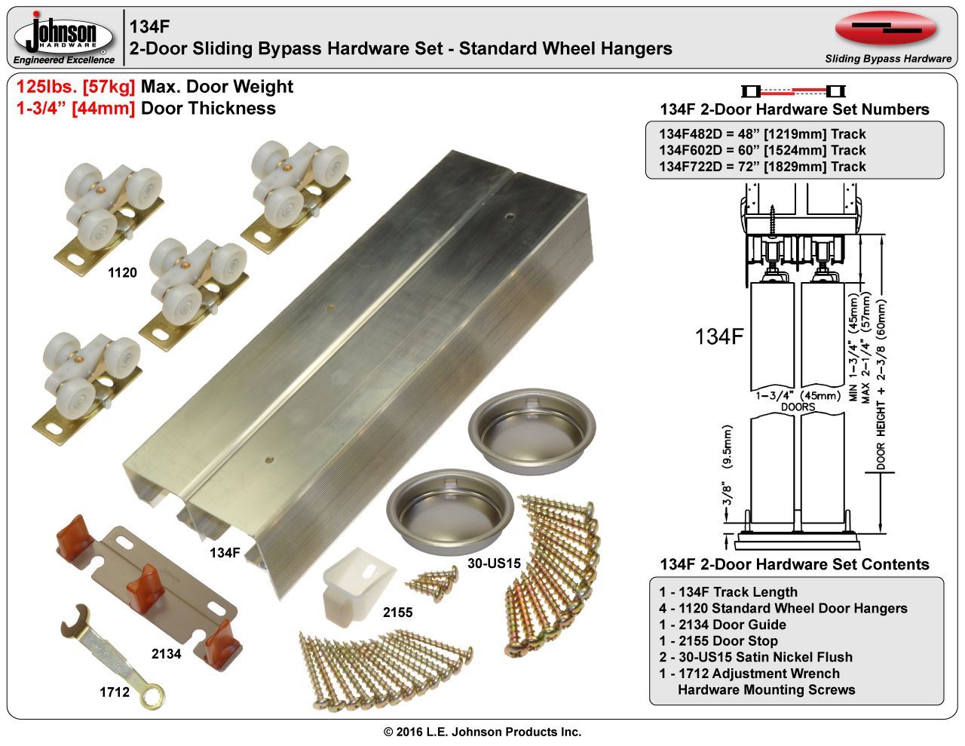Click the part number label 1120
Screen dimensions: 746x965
pos(122,272)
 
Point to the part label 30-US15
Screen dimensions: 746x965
pos(495,562)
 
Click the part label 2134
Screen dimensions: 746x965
pos(166,654)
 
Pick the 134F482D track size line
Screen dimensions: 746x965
pos(762,134)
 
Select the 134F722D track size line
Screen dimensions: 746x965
pos(762,167)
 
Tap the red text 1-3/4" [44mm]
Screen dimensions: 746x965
pos(75,108)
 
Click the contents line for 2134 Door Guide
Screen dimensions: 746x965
pos(722,625)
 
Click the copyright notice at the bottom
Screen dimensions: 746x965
pos(482,732)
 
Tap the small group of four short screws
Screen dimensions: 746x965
pos(434,579)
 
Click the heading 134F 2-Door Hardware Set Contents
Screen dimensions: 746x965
pos(794,564)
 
